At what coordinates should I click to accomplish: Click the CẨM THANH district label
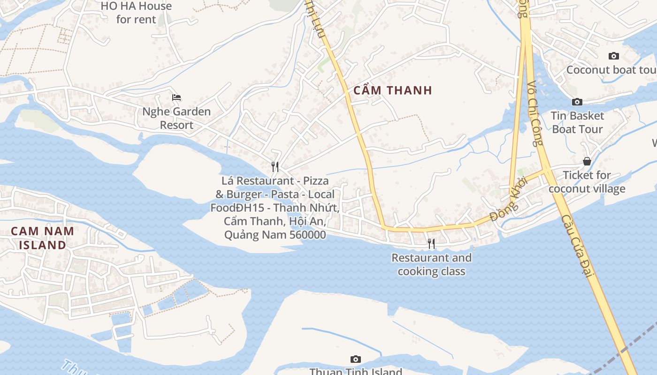pos(392,90)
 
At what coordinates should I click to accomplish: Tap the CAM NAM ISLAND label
pos(42,238)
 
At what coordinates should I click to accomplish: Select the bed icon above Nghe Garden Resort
pos(176,97)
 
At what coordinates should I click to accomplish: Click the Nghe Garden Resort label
pos(176,118)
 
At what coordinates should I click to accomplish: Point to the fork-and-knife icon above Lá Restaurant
pos(275,166)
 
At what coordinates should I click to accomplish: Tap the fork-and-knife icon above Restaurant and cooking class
pos(431,243)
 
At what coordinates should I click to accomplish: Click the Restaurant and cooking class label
pos(431,264)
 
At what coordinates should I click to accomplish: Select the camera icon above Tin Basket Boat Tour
pos(577,102)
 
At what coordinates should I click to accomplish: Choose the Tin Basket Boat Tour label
pos(577,122)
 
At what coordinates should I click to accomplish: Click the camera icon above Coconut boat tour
pos(613,56)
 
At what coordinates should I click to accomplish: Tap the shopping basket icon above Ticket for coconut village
pos(587,161)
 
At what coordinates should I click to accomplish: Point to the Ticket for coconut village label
pos(587,182)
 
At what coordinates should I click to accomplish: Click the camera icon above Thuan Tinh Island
pos(356,359)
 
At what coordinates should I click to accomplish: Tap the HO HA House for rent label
pos(136,13)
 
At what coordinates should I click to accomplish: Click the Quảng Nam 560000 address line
pos(275,234)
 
